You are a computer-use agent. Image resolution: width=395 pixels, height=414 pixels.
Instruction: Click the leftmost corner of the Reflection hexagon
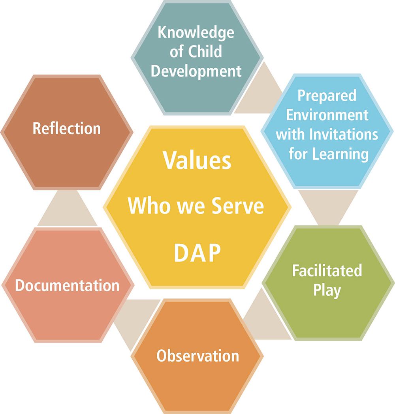tap(1, 132)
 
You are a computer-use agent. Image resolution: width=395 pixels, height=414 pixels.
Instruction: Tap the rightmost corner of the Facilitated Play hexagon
tap(395, 283)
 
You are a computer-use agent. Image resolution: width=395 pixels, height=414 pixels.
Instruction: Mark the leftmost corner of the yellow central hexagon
tap(103, 207)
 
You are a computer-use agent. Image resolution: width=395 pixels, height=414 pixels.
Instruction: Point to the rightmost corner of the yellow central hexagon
tap(292, 207)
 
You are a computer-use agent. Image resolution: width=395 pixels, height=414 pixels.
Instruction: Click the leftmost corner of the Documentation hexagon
tap(2, 285)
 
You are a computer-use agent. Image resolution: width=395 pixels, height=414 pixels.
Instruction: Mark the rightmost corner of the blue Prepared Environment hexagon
tap(394, 131)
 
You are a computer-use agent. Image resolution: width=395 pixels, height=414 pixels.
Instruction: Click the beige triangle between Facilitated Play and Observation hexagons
tap(265, 317)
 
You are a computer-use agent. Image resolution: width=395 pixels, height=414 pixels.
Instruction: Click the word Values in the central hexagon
tap(197, 160)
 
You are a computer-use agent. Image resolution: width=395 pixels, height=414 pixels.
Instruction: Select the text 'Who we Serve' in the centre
tap(196, 206)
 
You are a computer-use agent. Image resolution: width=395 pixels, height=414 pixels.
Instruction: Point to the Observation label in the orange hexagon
tap(197, 355)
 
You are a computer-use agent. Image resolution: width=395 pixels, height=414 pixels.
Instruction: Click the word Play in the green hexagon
tap(327, 291)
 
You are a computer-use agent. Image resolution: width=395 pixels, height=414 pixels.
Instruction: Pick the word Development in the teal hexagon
tap(196, 71)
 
